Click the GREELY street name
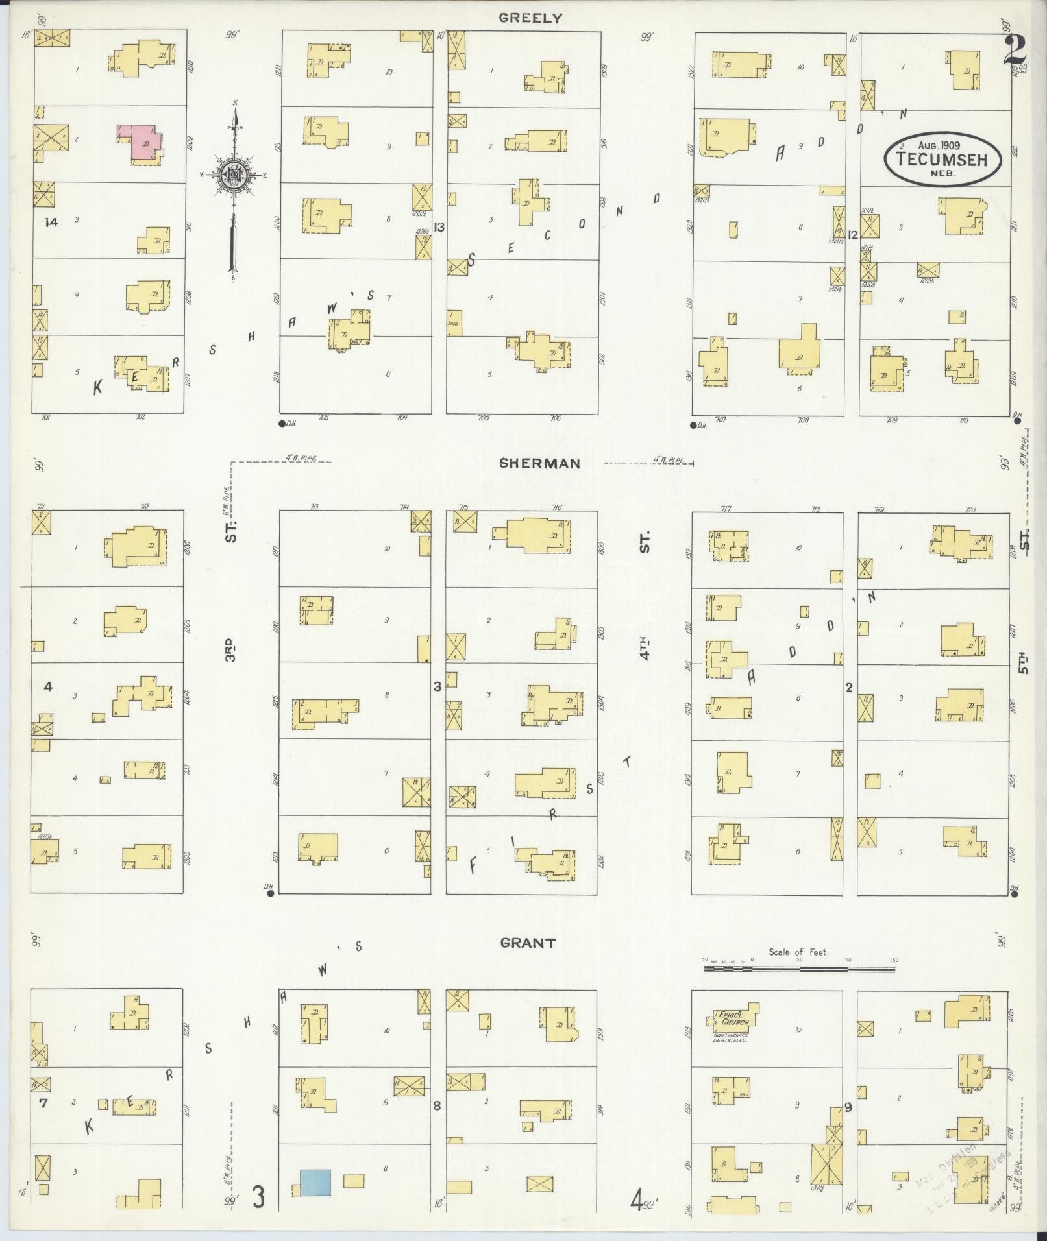click(530, 18)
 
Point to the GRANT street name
click(528, 943)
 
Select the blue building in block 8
click(315, 1181)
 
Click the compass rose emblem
click(232, 174)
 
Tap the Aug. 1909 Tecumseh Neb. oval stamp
click(942, 158)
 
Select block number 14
click(51, 223)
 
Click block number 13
click(439, 227)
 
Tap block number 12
click(852, 234)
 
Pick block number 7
click(43, 1101)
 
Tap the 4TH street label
click(645, 649)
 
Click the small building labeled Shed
click(454, 322)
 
